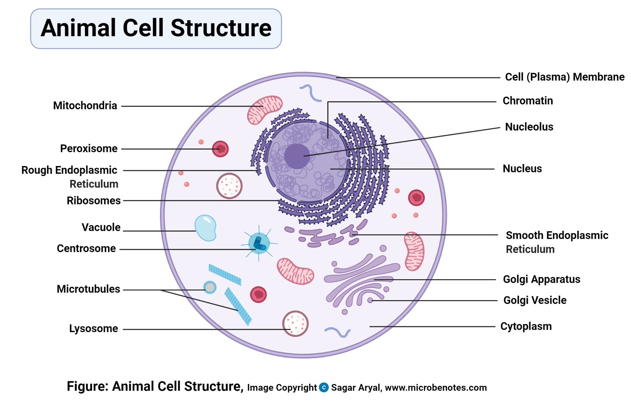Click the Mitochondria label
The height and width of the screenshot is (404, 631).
85,106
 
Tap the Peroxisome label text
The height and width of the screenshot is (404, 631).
89,149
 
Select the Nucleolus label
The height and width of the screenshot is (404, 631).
529,127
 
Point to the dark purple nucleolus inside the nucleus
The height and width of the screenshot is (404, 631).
297,156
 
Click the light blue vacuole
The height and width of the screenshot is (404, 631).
205,228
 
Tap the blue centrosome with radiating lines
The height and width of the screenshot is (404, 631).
259,243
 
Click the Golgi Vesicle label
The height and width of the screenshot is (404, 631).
534,301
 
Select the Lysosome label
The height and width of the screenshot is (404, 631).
94,329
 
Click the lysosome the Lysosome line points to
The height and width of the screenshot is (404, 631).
295,324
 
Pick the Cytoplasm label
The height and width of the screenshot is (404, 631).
526,327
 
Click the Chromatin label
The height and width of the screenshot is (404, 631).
528,101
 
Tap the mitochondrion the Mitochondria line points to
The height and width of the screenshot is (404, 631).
265,110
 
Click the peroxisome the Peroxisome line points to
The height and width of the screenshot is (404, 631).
220,149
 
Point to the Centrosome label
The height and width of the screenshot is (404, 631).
86,249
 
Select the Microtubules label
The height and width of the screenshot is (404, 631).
88,289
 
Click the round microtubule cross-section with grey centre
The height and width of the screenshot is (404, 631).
210,287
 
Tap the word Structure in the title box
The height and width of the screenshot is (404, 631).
221,28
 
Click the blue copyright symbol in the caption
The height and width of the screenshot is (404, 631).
324,387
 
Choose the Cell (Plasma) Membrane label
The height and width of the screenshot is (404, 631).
565,77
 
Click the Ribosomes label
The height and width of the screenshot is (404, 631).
94,201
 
